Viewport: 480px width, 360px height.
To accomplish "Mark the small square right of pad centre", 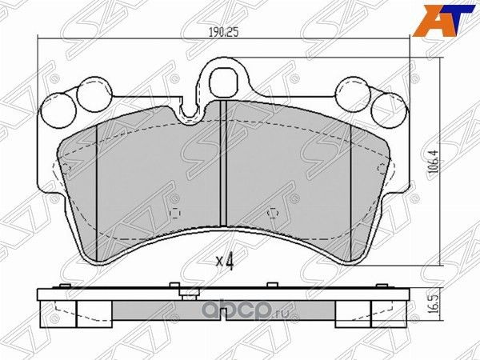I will (x=271, y=213).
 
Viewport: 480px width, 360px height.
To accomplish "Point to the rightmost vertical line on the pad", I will (x=352, y=192).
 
